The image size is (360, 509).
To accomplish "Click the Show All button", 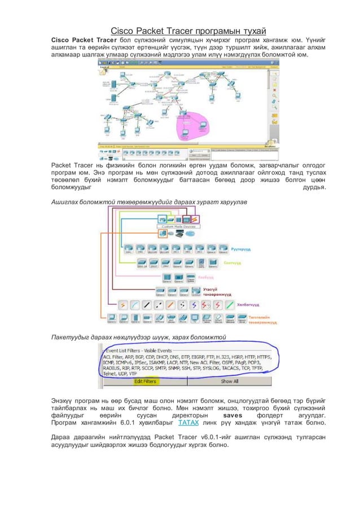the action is (229, 381).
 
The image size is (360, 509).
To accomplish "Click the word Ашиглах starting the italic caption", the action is (65, 201).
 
